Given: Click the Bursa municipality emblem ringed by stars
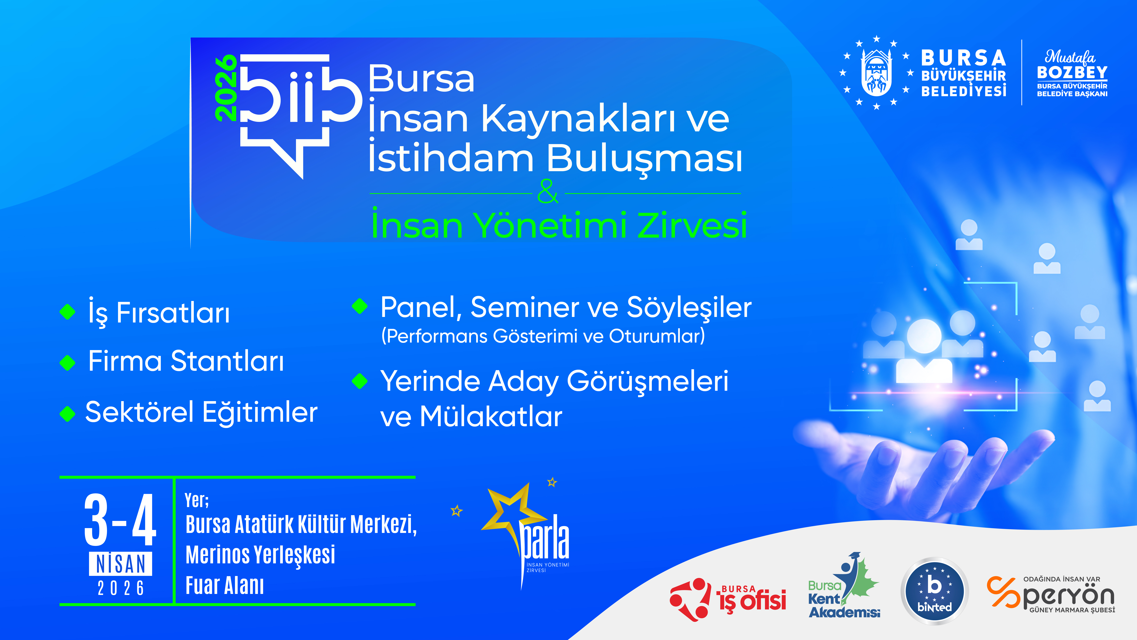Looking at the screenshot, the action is click(x=877, y=72).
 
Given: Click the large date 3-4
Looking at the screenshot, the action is click(x=120, y=520).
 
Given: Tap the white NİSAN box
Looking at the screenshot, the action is click(x=121, y=564).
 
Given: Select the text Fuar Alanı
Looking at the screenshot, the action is click(x=225, y=586).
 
